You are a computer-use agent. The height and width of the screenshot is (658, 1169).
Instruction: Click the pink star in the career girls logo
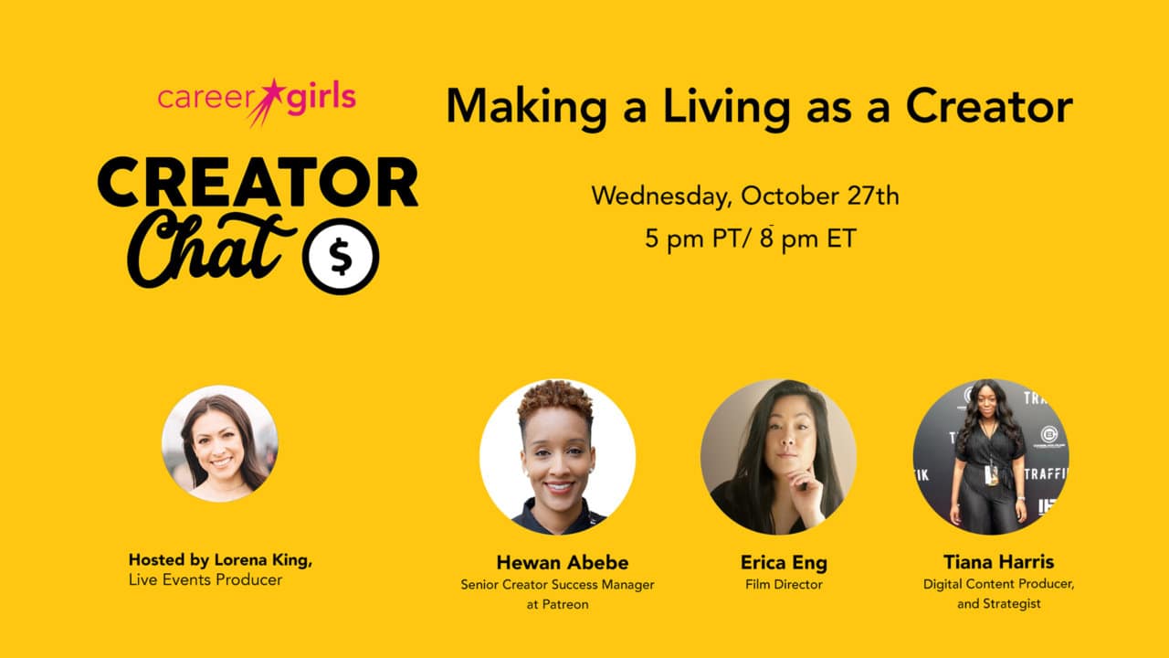click(270, 94)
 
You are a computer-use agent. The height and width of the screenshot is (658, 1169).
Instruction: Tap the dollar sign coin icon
click(341, 257)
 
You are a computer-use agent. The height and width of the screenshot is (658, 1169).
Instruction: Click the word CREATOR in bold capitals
click(258, 182)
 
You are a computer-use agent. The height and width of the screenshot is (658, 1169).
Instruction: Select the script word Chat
click(210, 249)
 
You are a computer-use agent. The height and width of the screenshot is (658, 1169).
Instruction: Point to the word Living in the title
click(726, 108)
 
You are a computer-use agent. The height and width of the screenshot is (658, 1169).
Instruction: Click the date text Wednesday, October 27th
click(745, 196)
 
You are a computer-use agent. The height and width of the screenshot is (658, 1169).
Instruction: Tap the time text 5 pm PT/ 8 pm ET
click(751, 239)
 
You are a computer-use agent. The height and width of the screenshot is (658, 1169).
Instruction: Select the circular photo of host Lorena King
click(220, 444)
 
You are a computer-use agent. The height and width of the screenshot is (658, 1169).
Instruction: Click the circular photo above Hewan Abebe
click(557, 457)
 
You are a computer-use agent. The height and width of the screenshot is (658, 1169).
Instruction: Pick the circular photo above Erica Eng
click(778, 457)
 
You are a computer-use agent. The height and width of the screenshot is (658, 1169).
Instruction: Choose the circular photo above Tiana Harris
click(991, 457)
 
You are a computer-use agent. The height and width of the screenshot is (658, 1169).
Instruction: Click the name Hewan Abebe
click(562, 562)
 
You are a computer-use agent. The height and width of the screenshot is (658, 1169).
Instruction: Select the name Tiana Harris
click(998, 562)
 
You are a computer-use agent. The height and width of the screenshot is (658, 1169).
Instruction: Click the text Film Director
click(784, 584)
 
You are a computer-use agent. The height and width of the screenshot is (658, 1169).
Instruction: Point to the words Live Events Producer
click(205, 579)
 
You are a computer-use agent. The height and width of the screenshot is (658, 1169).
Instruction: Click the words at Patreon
click(557, 604)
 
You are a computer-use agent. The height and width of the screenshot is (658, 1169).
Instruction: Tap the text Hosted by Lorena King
click(220, 560)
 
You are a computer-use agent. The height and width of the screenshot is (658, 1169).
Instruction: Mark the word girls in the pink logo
click(321, 98)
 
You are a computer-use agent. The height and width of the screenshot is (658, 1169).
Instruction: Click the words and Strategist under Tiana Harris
click(999, 604)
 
